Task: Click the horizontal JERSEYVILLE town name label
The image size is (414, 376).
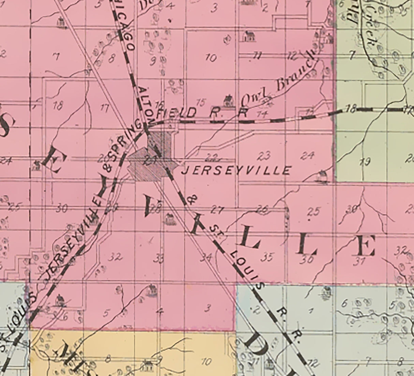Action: (236, 170)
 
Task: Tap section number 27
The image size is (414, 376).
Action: (217, 210)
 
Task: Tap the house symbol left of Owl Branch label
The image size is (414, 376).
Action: (228, 100)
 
